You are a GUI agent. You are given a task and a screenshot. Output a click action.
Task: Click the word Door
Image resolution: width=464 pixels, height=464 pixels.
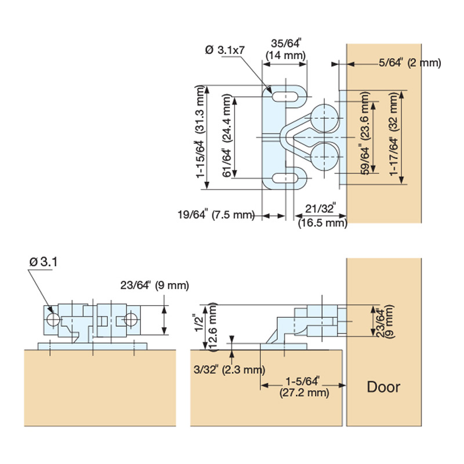pos(383,387)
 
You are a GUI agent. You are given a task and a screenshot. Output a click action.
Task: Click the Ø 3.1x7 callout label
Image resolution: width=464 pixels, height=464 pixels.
pos(225,50)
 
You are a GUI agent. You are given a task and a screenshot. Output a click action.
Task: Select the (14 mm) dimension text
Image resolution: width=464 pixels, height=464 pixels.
pos(285,55)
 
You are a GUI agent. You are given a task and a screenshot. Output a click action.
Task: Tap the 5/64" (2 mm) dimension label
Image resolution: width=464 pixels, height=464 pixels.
pos(410,63)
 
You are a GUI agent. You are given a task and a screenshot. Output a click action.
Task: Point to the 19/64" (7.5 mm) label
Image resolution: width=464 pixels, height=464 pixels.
pos(216,215)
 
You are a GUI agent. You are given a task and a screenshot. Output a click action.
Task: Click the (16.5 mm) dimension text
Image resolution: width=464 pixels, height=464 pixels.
pos(322,223)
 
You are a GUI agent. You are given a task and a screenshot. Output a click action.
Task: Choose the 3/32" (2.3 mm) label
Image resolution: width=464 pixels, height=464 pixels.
pos(229,369)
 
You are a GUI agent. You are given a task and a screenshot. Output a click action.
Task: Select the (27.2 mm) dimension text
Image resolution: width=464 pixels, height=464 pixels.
pos(304,393)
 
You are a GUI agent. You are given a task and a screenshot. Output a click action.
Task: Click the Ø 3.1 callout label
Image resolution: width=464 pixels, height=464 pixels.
pos(43,262)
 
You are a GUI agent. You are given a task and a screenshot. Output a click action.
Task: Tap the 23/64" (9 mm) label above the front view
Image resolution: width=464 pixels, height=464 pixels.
pos(154,285)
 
